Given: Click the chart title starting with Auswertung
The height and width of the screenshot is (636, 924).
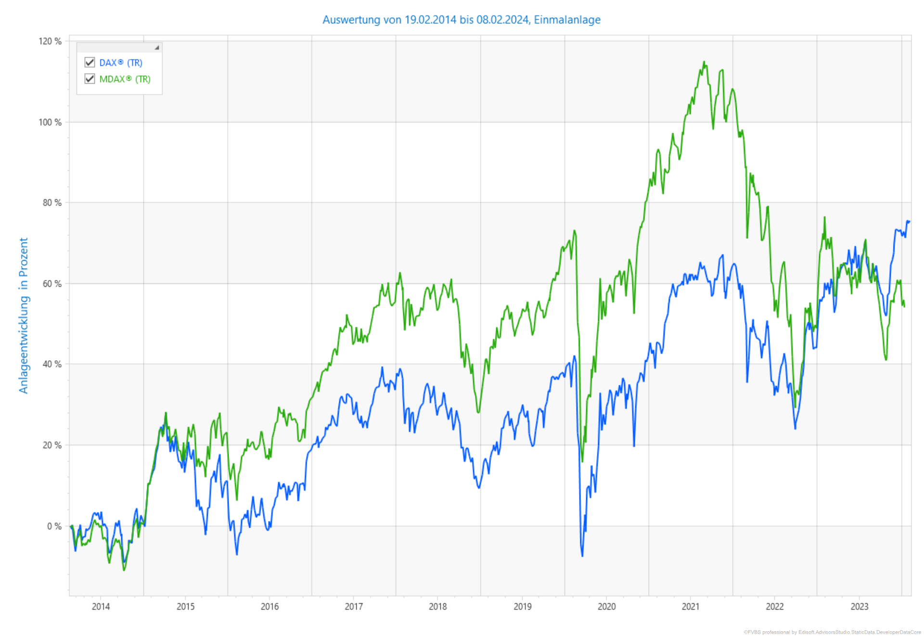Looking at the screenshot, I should (461, 20).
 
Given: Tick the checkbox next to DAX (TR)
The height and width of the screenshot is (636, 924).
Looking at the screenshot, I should (90, 62).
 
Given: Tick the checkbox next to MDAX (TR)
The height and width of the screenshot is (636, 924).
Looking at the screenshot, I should (90, 78).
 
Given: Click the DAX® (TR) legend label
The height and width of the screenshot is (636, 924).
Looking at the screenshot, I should (121, 63).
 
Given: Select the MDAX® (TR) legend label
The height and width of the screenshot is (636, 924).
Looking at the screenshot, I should (125, 79).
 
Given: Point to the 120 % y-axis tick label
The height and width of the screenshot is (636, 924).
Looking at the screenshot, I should (50, 41).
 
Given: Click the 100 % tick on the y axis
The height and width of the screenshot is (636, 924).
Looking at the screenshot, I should (50, 122).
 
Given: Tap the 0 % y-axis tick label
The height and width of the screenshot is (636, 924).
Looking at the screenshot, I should (54, 526).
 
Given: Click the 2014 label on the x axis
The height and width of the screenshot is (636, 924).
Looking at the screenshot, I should (101, 607).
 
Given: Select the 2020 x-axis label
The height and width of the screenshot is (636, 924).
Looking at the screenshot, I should (606, 607).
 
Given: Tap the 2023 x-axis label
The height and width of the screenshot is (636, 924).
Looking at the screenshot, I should (859, 607).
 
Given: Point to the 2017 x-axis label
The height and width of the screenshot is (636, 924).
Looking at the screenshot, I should (354, 607).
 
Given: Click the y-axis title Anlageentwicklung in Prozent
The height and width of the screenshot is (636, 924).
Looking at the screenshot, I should (24, 315).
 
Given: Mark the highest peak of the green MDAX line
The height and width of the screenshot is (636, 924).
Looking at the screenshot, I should (704, 62).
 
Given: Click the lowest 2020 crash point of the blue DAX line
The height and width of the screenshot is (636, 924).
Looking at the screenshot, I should (582, 556).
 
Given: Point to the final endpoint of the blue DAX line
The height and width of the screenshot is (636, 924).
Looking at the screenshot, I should (909, 221).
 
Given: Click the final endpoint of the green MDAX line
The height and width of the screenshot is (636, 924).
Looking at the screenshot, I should (904, 306).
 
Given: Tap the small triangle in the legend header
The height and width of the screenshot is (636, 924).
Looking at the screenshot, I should (156, 48).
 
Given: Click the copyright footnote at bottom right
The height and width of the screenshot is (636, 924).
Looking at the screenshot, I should (832, 632).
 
